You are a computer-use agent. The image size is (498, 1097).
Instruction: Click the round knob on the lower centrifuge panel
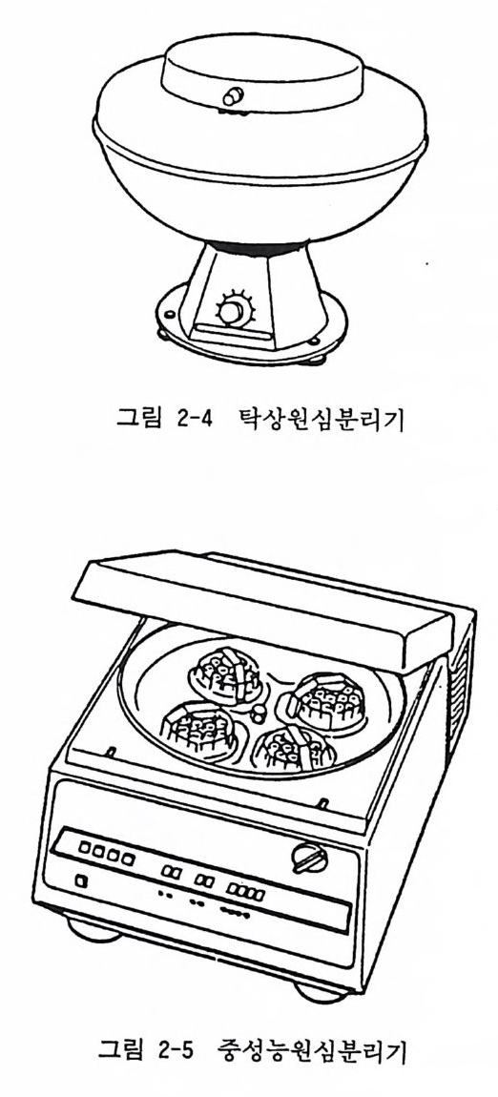point(308,858)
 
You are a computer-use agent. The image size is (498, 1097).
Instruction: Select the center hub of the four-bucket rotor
point(259,714)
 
